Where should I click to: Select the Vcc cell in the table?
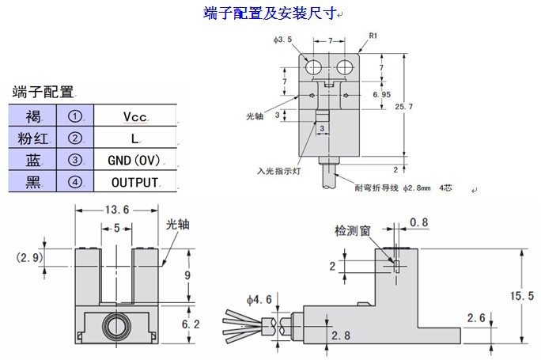pos(134,116)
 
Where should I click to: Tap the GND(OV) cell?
pos(134,160)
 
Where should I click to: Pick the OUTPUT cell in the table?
pos(134,182)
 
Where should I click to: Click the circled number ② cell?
pos(75,138)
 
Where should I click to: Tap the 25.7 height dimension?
pos(403,105)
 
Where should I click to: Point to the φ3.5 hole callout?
pos(284,37)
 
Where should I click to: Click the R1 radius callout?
pos(374,36)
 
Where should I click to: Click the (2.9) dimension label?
pos(29,257)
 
